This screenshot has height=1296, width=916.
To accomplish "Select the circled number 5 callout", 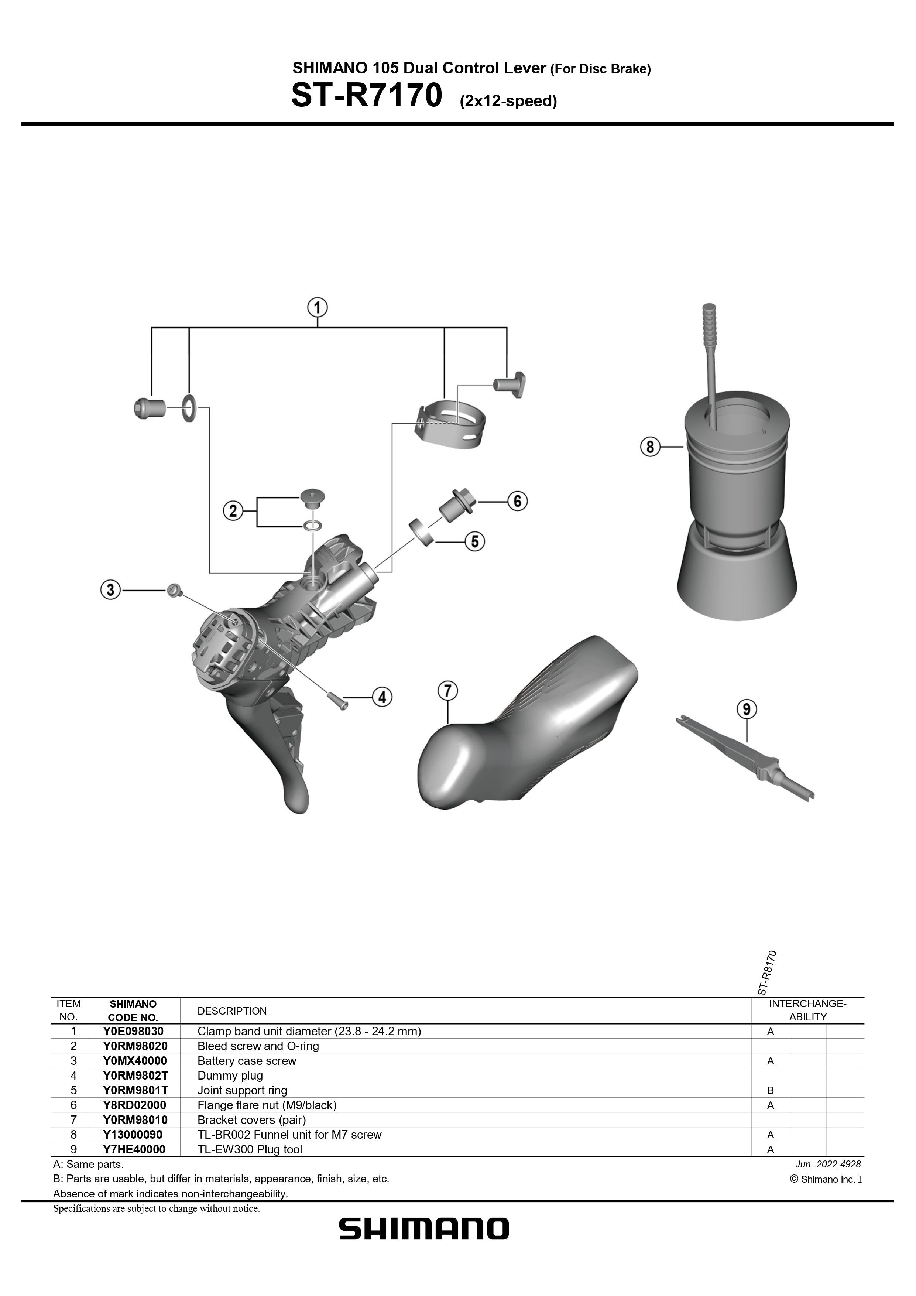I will (475, 542).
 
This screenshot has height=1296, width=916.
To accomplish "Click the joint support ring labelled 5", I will (421, 531).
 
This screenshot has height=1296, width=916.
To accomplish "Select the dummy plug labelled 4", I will (337, 698).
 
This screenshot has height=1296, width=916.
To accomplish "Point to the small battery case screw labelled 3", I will (173, 591).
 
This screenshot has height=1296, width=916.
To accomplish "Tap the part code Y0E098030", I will (133, 1031).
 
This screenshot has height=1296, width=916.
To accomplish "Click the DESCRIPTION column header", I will (232, 1011).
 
